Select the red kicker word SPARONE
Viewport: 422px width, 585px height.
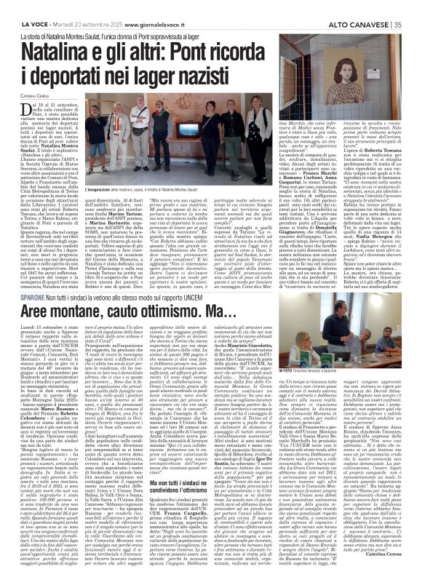(32, 296)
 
